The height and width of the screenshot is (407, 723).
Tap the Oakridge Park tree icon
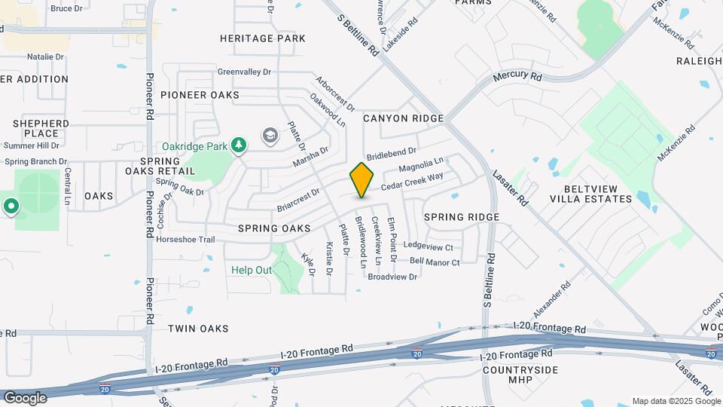pos(239,144)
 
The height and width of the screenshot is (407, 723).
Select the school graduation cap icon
pos(270,135)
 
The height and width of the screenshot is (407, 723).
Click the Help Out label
pos(252,270)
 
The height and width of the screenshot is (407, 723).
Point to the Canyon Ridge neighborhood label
pos(403,118)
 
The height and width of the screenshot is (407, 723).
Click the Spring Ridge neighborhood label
pos(462,217)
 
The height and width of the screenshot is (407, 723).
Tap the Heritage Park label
pos(263,38)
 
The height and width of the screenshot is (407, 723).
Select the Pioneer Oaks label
pos(200,95)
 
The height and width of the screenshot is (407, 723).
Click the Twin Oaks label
pos(198,329)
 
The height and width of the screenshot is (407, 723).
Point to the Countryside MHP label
pos(520,375)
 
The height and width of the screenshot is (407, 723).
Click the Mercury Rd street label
pos(517,77)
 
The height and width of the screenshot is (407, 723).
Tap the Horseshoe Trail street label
pos(185,240)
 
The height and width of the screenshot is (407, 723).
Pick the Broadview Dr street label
pos(392,277)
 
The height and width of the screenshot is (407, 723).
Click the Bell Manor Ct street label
pos(435,262)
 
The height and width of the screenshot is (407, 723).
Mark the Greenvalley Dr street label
pos(244,72)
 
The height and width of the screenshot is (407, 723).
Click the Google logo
pos(25,397)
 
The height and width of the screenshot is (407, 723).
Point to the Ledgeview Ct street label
pos(429,246)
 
